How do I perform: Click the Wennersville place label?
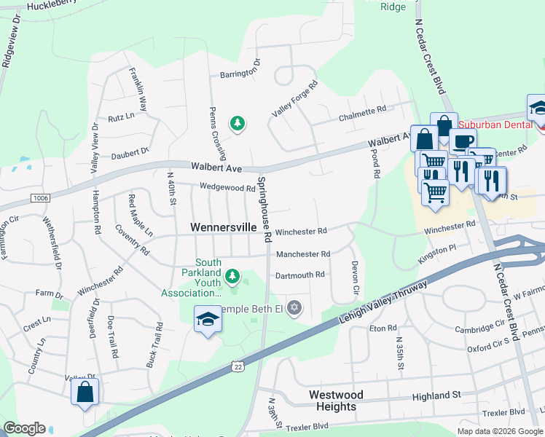click(x=223, y=227)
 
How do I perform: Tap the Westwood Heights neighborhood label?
click(x=336, y=401)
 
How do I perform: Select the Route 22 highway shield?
click(x=238, y=367)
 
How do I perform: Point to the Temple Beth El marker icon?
click(x=294, y=308)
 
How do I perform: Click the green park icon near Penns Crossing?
click(x=237, y=124)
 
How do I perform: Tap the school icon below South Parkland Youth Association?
click(x=207, y=319)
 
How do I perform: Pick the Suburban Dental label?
click(x=490, y=125)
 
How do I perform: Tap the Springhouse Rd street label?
click(x=264, y=208)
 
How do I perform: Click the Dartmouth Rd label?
click(x=299, y=275)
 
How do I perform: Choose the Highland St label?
click(x=436, y=395)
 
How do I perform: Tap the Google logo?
click(x=24, y=428)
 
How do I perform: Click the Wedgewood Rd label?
click(x=229, y=187)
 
